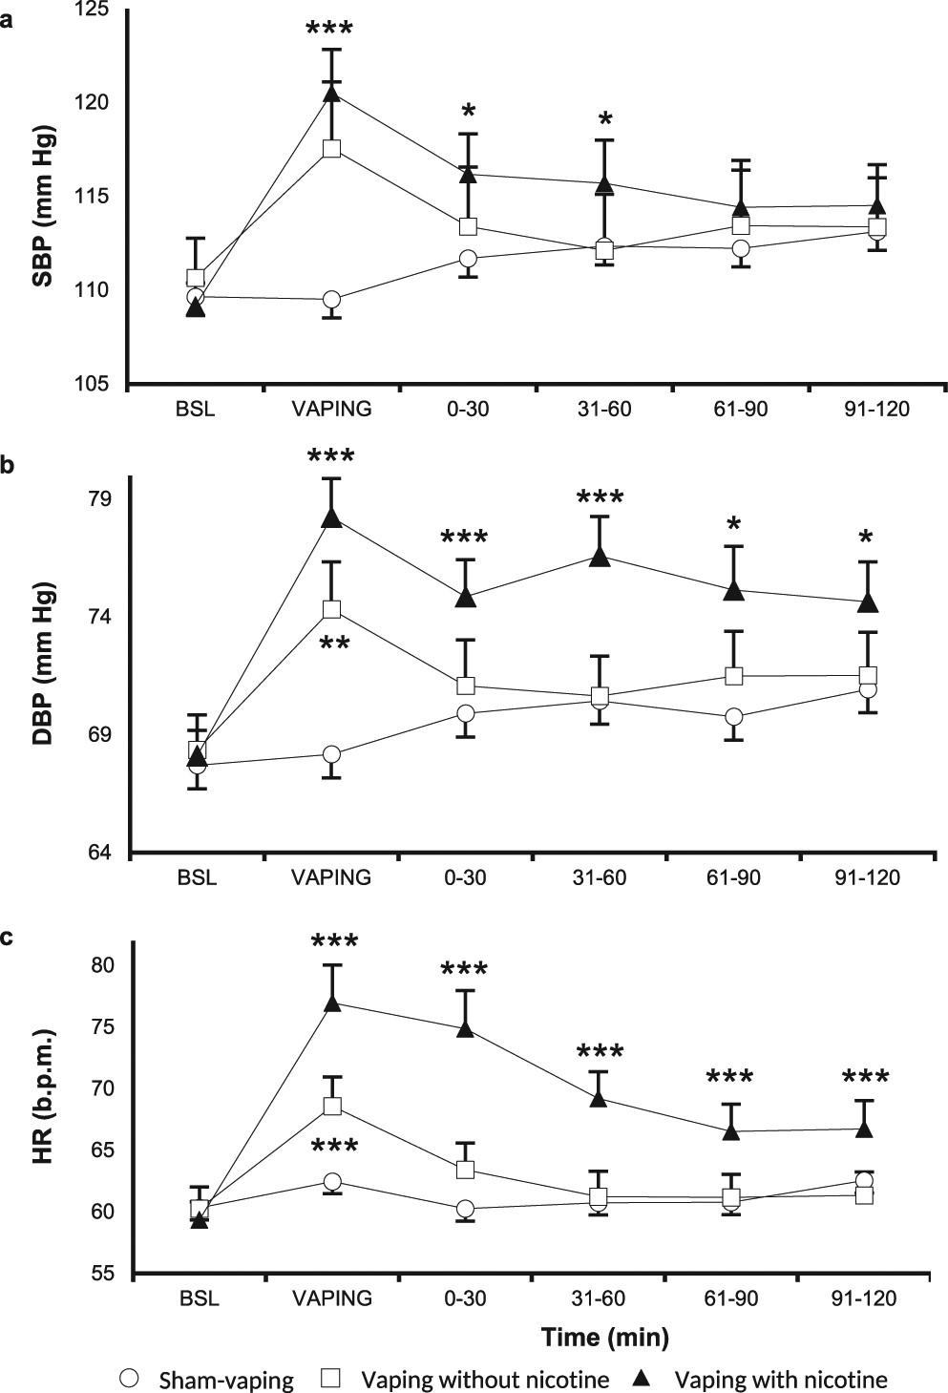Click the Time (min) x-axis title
(x=604, y=1337)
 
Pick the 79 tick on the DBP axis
(x=100, y=499)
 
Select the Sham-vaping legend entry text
(x=226, y=1380)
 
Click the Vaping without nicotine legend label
(x=485, y=1380)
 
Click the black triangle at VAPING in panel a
(x=332, y=93)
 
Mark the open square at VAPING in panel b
(x=332, y=609)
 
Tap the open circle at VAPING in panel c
(x=332, y=1181)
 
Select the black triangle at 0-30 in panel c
(x=466, y=1028)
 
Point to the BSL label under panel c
(x=198, y=1298)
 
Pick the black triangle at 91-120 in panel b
(x=868, y=602)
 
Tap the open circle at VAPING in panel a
(x=332, y=300)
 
